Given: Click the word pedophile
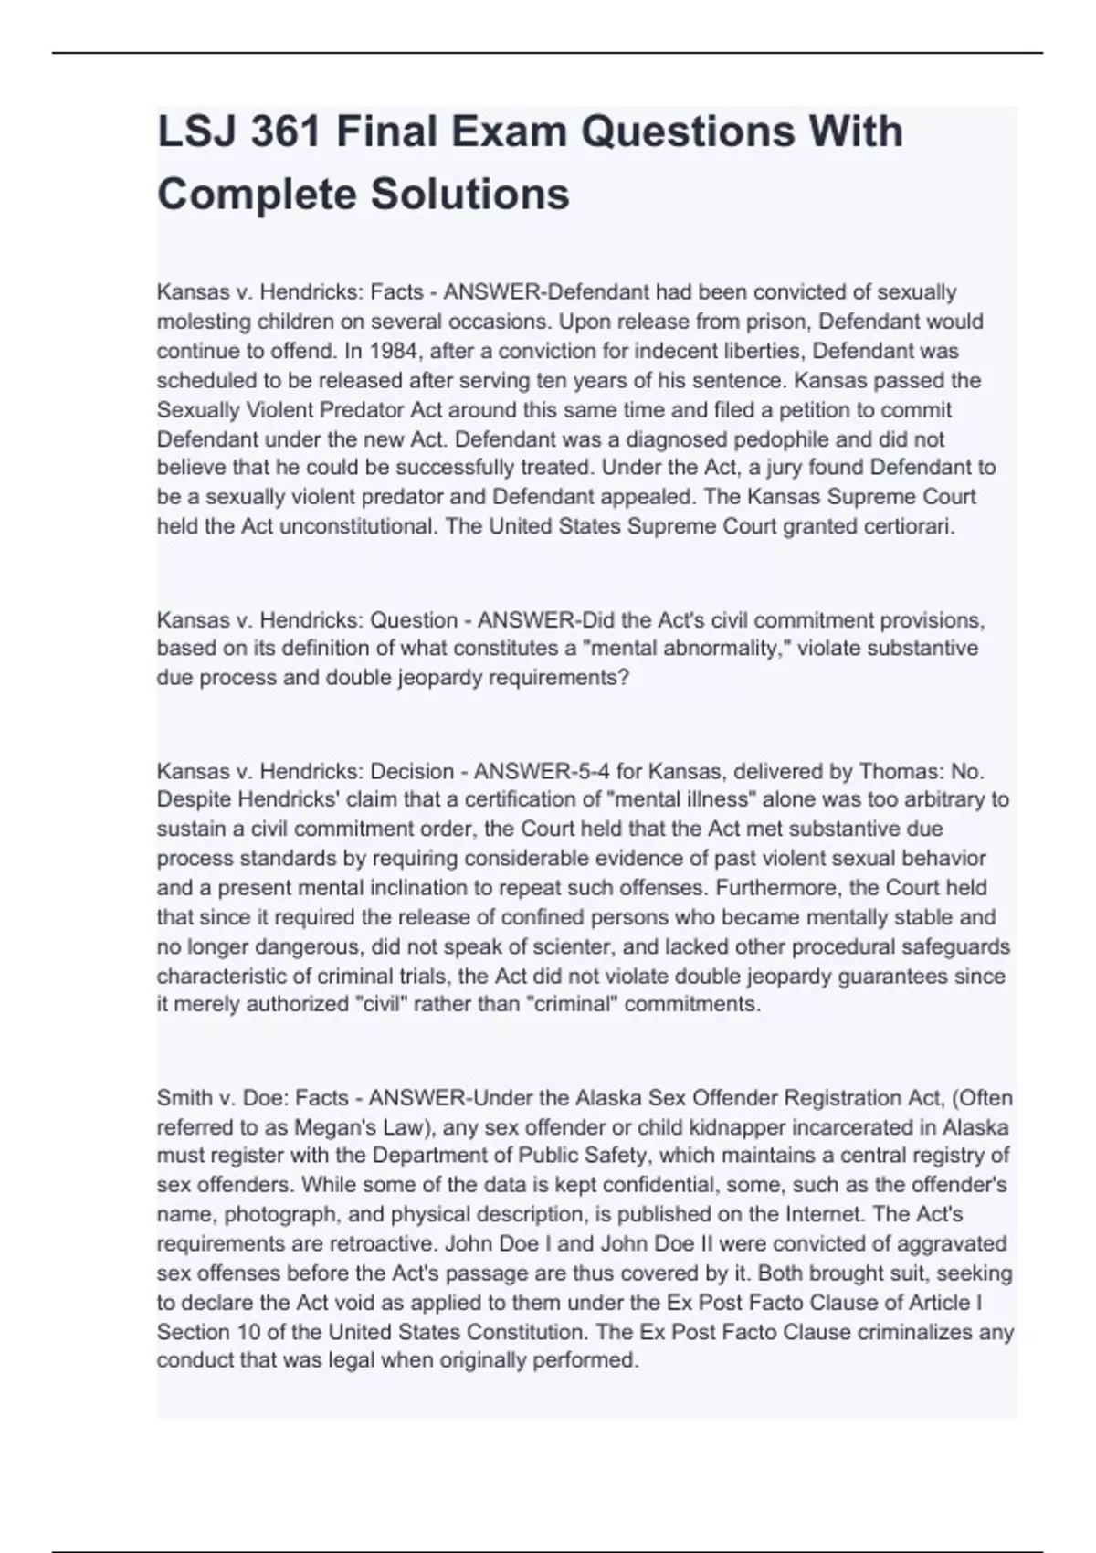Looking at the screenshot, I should pyautogui.click(x=806, y=438).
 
